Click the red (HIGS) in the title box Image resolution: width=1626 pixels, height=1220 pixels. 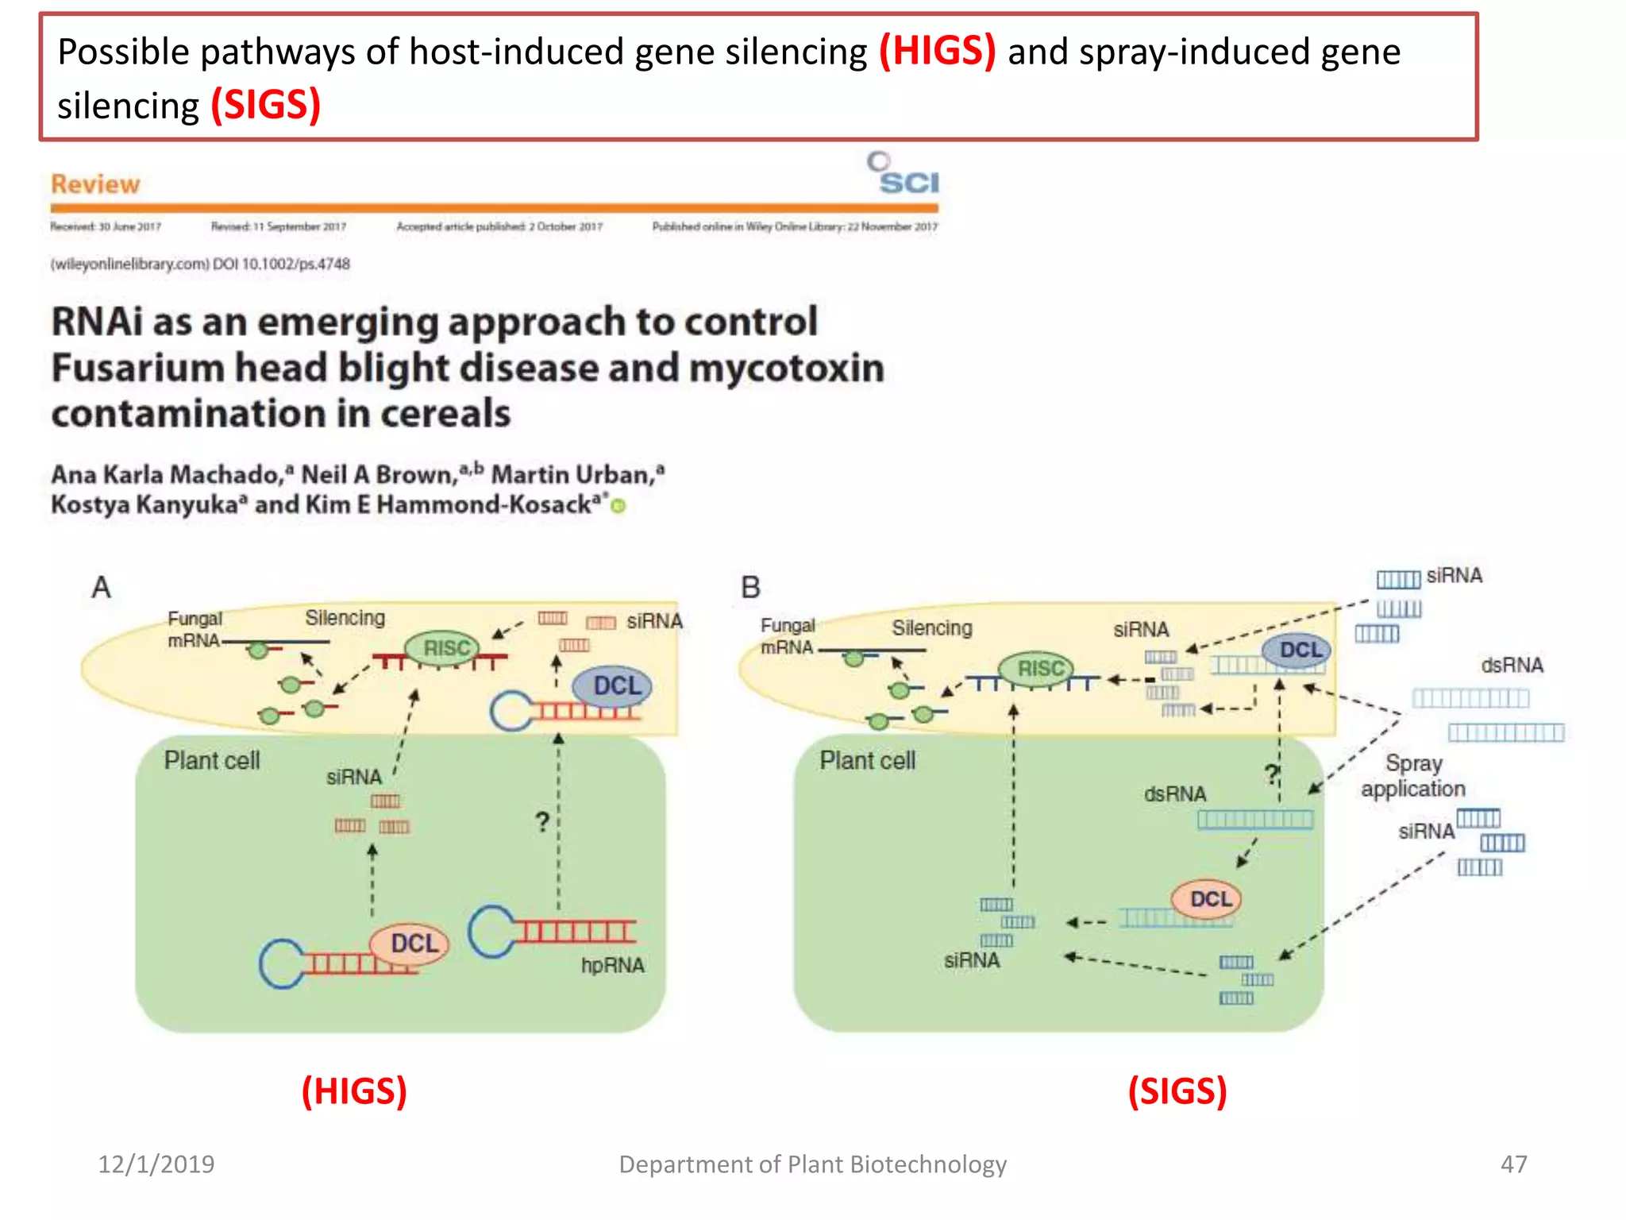coord(937,52)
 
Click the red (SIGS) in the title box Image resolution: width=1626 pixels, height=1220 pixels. coord(265,106)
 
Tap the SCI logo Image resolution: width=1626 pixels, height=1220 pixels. coord(904,174)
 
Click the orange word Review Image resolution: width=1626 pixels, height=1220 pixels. coord(95,184)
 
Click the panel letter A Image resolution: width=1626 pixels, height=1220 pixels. coord(101,588)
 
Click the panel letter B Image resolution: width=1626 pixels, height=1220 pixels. coord(750,588)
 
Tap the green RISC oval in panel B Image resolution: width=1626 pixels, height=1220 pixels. coord(1037,669)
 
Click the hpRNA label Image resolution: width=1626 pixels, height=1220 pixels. coord(612,965)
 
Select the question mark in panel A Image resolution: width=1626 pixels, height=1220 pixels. coord(542,821)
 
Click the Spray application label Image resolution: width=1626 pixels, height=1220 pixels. coord(1412,776)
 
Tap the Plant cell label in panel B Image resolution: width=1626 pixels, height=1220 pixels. coord(867,760)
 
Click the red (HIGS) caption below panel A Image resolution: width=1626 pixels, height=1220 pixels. coord(354,1091)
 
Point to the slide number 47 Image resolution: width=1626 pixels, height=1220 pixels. coord(1513,1164)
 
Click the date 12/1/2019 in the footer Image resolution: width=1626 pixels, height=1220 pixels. coord(156,1164)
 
